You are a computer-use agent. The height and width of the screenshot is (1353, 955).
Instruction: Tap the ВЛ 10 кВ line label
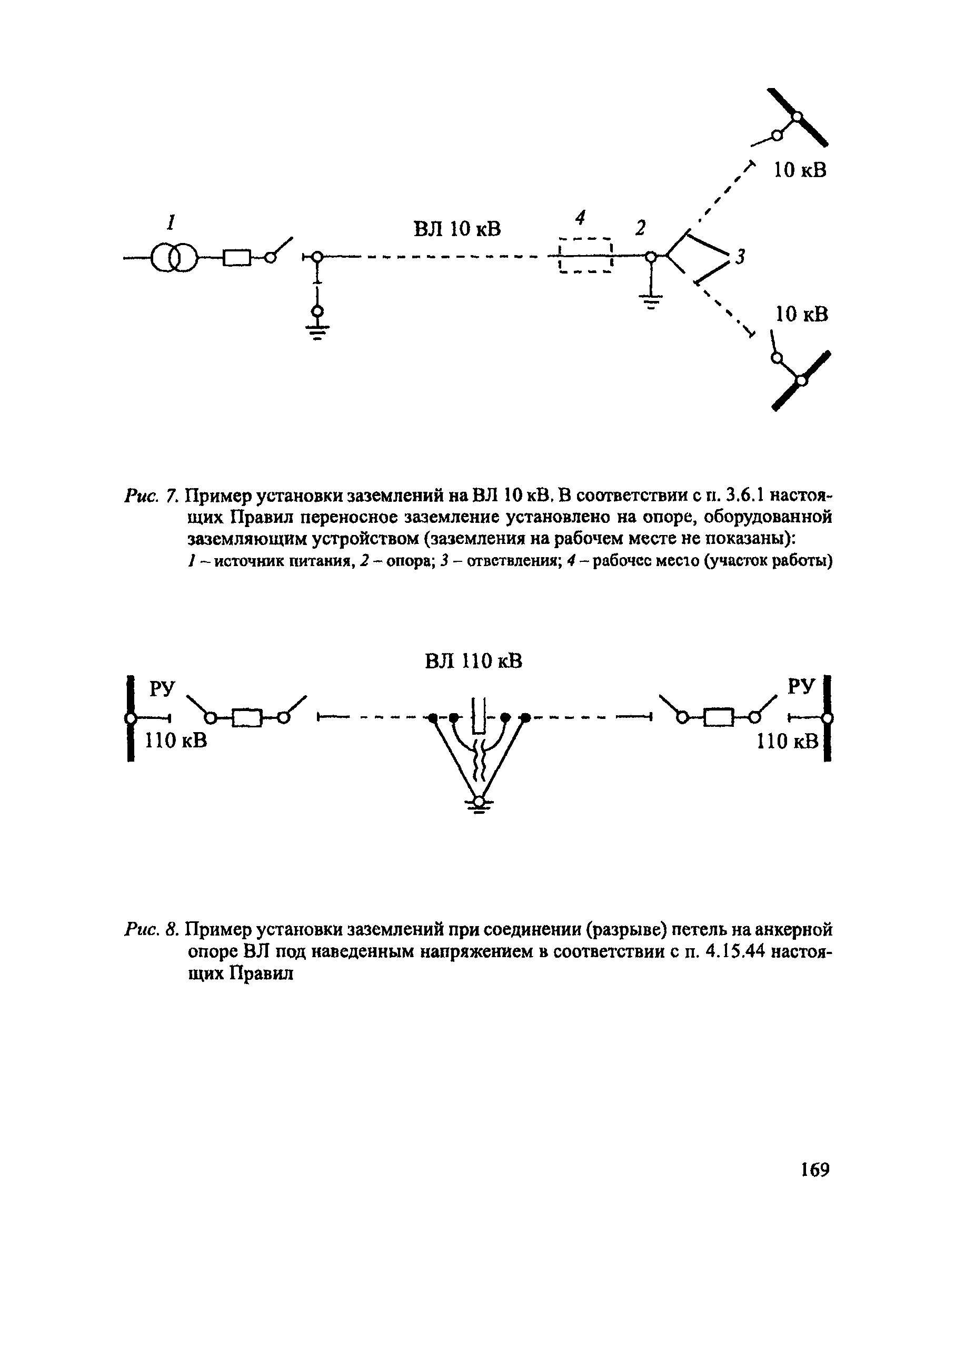(457, 228)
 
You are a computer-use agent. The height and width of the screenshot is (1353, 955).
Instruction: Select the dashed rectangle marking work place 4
(586, 256)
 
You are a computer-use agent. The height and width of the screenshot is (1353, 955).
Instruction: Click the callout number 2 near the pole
(641, 228)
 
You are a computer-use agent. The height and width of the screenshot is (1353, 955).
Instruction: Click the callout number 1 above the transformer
(171, 223)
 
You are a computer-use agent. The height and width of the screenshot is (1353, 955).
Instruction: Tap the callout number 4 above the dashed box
(581, 218)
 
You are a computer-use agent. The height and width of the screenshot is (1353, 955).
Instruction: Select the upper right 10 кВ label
(800, 170)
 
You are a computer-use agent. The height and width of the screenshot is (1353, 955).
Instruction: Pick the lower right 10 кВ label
(801, 314)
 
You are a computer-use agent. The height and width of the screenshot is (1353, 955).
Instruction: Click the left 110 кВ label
(176, 740)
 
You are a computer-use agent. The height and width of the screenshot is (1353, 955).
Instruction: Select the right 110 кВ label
(788, 741)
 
